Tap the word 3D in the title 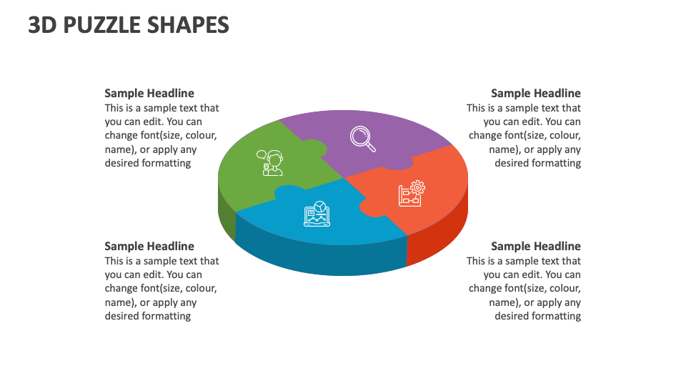(43, 25)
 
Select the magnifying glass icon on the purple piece (363, 138)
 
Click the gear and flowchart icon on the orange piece (412, 194)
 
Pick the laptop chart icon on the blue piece (317, 214)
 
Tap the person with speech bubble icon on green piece (271, 163)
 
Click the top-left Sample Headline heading (149, 93)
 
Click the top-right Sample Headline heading (536, 93)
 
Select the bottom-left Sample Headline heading (149, 246)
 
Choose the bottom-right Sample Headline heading (536, 246)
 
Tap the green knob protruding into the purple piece (315, 149)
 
